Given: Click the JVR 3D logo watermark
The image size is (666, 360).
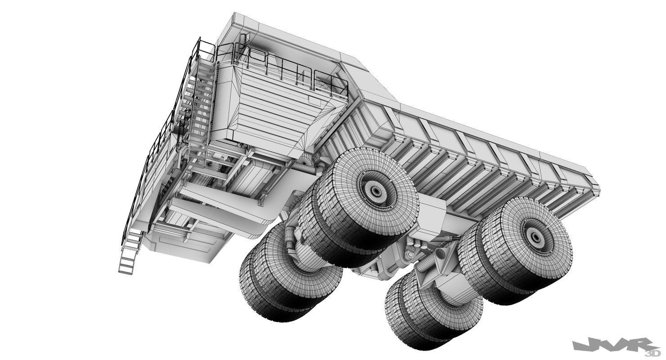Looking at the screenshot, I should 612,346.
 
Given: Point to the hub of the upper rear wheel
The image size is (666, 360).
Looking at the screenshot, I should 535,236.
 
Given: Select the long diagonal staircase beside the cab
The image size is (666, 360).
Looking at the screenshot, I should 200,103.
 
